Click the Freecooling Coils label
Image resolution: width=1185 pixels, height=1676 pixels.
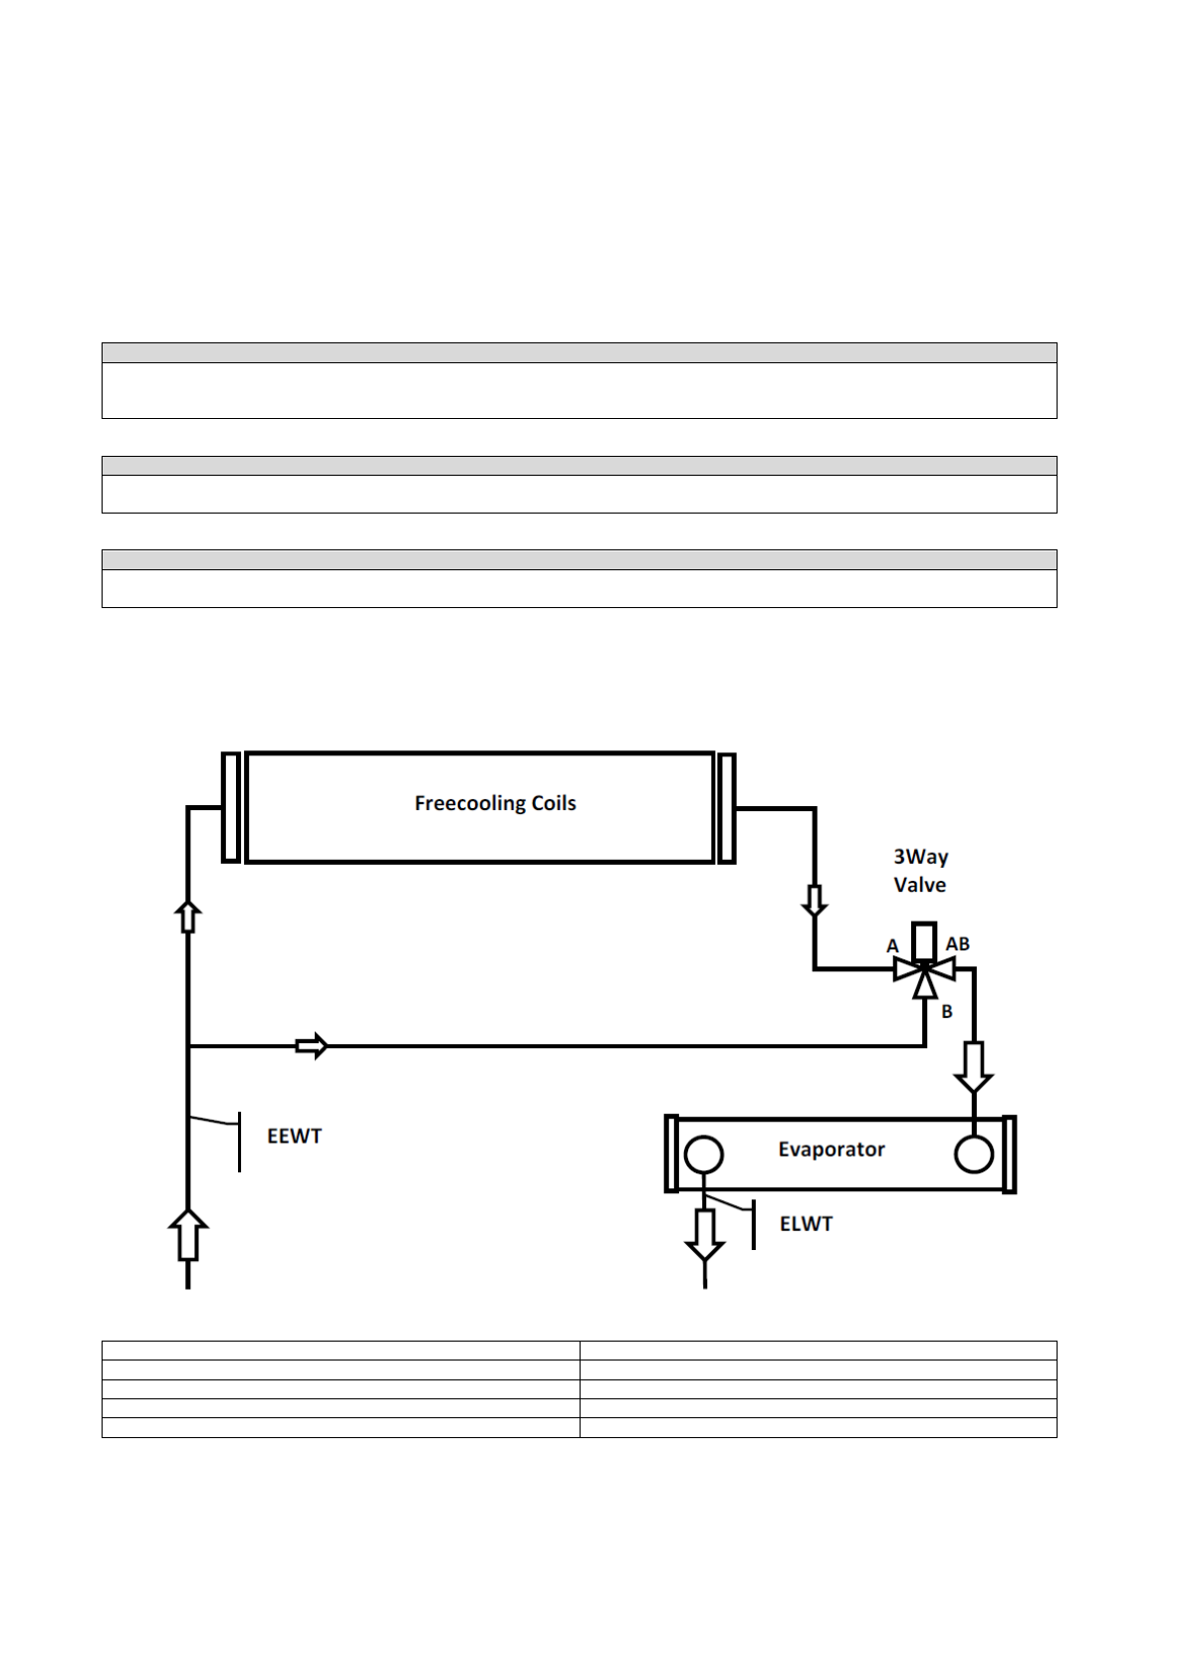pyautogui.click(x=495, y=803)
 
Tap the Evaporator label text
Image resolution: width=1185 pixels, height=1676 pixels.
pyautogui.click(x=830, y=1150)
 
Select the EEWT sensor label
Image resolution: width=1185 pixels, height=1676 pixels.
pyautogui.click(x=294, y=1136)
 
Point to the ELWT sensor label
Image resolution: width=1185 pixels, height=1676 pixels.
pyautogui.click(x=806, y=1224)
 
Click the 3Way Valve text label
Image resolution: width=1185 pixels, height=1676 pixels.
pyautogui.click(x=920, y=871)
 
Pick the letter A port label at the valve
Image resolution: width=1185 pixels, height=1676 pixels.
pyautogui.click(x=893, y=945)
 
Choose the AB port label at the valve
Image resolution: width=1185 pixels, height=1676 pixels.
pyautogui.click(x=957, y=943)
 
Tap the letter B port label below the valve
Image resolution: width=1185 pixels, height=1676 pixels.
pyautogui.click(x=947, y=1011)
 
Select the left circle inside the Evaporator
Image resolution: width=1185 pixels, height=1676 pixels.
pyautogui.click(x=704, y=1155)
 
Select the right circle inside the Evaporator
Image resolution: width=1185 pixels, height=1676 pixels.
pyautogui.click(x=973, y=1155)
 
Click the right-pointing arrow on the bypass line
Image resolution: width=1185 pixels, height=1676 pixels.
pyautogui.click(x=312, y=1046)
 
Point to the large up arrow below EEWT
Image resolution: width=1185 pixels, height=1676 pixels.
pyautogui.click(x=188, y=1234)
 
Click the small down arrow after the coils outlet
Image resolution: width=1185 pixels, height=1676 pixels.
pyautogui.click(x=815, y=900)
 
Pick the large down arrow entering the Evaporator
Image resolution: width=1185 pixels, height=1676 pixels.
pyautogui.click(x=973, y=1067)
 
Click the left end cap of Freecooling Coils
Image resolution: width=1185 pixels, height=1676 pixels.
pyautogui.click(x=230, y=807)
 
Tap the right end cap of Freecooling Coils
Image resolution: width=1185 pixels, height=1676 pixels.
pyautogui.click(x=727, y=807)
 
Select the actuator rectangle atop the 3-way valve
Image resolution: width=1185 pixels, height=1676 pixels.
pyautogui.click(x=924, y=941)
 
